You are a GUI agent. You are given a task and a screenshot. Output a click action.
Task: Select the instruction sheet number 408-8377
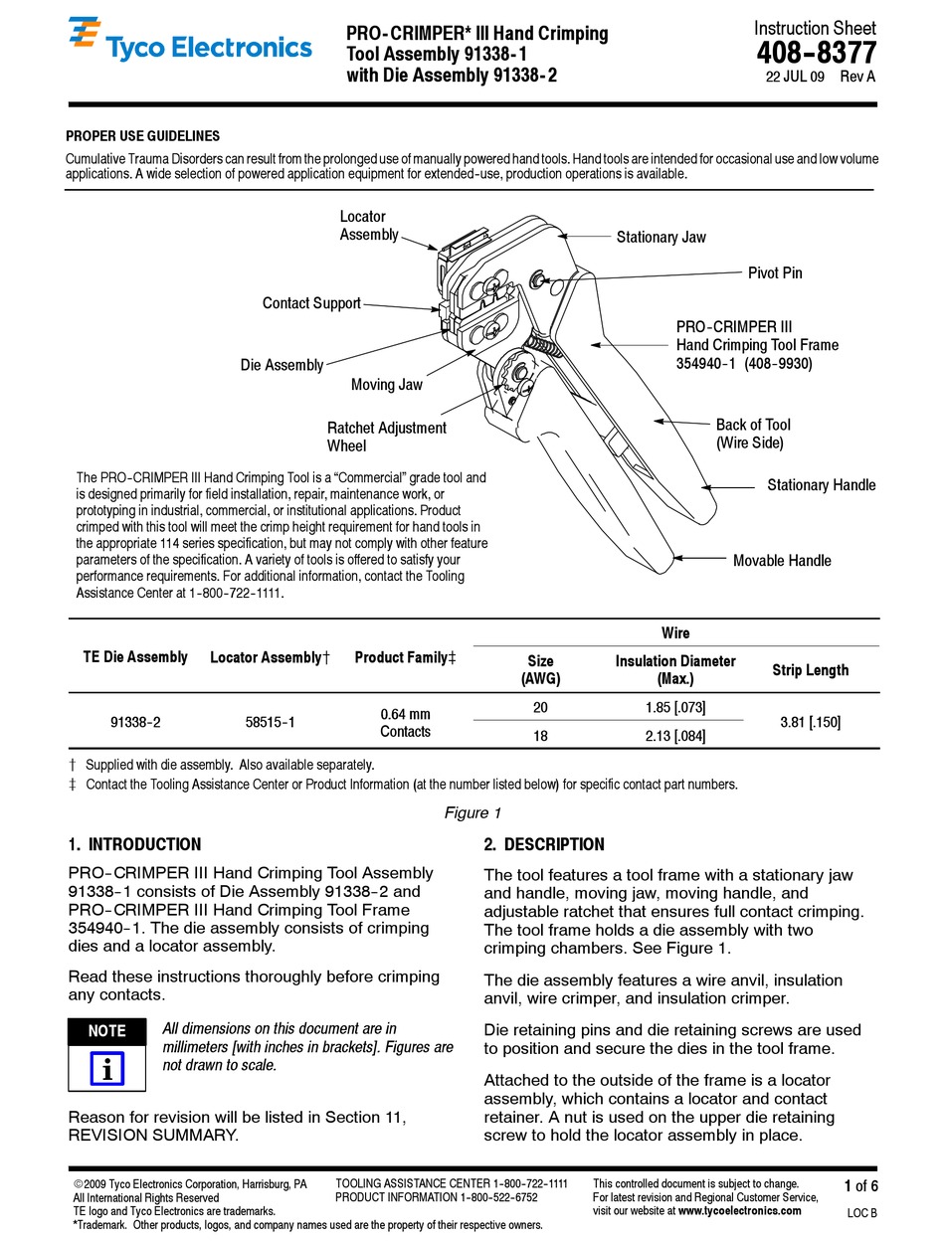click(816, 53)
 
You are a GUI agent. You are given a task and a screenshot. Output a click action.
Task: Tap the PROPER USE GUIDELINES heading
click(143, 136)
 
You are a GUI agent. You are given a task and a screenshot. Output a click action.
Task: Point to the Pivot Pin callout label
click(775, 272)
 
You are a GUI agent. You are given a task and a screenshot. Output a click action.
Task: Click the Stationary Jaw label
click(661, 237)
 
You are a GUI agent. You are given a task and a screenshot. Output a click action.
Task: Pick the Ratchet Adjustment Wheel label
click(386, 437)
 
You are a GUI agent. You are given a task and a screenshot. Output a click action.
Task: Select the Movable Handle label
click(782, 561)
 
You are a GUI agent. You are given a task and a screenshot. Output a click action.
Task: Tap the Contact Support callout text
click(311, 303)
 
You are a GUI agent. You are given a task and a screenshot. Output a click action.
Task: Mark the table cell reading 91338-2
click(136, 723)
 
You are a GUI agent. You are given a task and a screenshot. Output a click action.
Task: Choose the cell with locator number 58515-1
click(270, 723)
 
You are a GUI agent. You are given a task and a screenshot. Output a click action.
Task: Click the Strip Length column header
click(810, 670)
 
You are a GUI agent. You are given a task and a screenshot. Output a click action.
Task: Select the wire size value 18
click(540, 736)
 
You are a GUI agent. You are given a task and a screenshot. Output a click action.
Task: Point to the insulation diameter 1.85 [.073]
click(674, 707)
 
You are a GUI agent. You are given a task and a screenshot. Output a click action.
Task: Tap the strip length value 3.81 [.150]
click(810, 722)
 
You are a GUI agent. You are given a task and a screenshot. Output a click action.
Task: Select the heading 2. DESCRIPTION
click(543, 845)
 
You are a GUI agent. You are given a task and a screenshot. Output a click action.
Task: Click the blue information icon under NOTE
click(106, 1069)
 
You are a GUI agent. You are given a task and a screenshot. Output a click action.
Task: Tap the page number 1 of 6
click(860, 1185)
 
